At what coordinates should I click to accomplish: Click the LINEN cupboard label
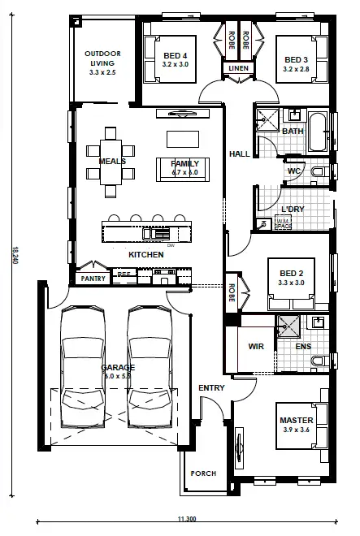point(238,69)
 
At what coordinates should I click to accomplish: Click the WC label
point(294,171)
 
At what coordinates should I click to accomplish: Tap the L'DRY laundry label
point(293,210)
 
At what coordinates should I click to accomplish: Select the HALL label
point(239,153)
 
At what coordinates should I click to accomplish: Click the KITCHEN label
point(146,255)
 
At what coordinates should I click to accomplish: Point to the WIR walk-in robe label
point(256,347)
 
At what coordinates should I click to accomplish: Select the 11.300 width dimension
point(186,518)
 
